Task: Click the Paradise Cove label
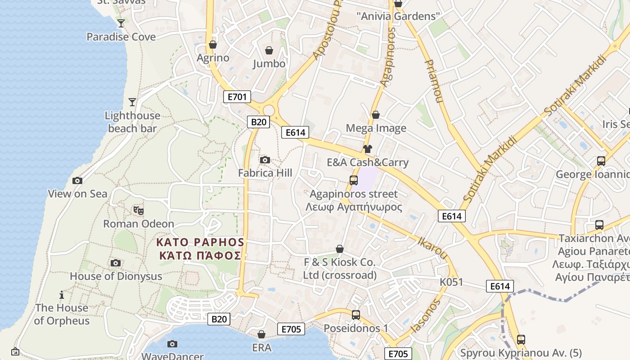121,37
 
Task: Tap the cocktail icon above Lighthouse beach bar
132,102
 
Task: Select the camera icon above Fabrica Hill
265,160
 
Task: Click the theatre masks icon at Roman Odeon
139,210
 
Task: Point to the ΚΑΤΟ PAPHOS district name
200,243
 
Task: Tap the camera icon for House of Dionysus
116,263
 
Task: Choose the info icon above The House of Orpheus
62,295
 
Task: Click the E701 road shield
237,96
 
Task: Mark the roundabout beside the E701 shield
269,110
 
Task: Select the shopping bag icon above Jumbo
269,50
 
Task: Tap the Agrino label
213,58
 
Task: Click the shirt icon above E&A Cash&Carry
368,149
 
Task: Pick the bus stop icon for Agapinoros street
354,180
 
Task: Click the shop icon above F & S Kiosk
340,249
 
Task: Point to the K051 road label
451,282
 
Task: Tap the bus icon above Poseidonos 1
356,315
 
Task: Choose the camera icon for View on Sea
77,181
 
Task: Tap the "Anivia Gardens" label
398,17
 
